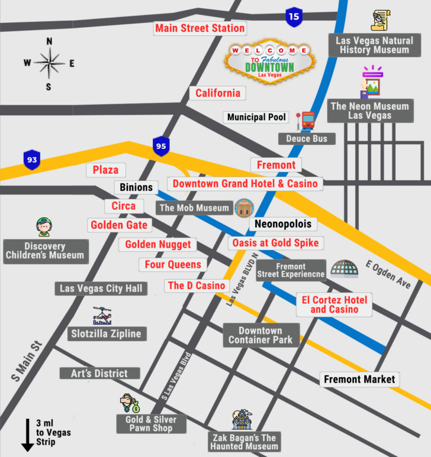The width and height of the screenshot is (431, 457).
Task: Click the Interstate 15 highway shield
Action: pos(294,17)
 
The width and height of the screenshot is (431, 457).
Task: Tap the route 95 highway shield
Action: pos(161,145)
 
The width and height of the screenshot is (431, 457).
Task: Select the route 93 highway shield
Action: pos(32,160)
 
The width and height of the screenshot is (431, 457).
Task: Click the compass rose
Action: pos(49,63)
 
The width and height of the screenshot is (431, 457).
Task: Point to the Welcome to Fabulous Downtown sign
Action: pos(270,61)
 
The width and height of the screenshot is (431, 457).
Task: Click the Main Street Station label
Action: pos(200,28)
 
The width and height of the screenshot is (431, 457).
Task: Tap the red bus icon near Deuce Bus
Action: pos(306,121)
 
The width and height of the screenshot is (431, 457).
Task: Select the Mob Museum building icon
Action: pos(244,208)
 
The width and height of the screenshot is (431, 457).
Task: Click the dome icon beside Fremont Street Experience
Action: pos(345,269)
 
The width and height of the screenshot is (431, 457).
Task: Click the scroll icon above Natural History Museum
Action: pos(379,21)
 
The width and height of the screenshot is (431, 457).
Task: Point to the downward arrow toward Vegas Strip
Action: pos(27,435)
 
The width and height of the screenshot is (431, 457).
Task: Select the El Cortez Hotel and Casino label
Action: pos(334,304)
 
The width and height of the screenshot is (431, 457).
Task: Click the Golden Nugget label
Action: pos(158,244)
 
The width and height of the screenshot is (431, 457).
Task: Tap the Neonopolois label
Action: pos(282,224)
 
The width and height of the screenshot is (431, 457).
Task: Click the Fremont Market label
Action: pos(359,379)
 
